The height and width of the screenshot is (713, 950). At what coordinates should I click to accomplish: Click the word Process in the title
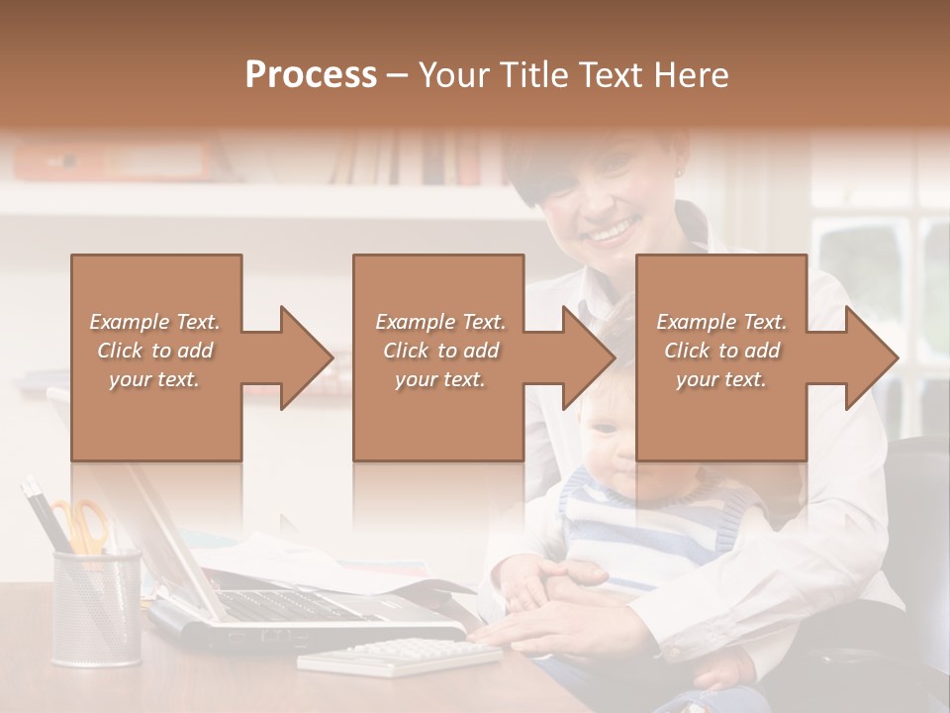[311, 75]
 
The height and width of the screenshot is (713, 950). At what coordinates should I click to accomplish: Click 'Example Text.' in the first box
[154, 322]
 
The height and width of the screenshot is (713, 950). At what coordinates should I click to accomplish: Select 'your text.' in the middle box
[439, 379]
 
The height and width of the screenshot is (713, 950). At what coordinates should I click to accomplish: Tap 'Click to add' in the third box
[722, 351]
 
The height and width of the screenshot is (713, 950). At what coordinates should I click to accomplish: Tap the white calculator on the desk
[399, 656]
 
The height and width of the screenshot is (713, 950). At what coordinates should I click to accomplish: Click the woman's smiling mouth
[610, 235]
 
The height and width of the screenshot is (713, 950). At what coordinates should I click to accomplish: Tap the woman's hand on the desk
[574, 629]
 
